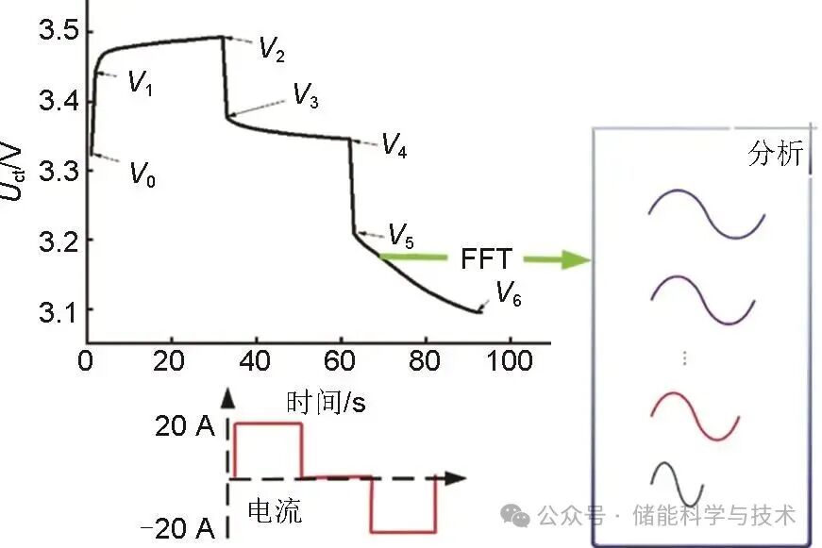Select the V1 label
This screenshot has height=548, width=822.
[141, 83]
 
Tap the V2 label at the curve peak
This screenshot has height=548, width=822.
[272, 49]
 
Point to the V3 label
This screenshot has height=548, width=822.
[305, 94]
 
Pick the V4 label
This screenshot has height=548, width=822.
[394, 145]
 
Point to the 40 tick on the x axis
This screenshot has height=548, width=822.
[256, 362]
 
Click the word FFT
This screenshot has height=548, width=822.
[488, 257]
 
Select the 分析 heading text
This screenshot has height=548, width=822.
[775, 154]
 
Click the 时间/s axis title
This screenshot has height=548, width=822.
[326, 403]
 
